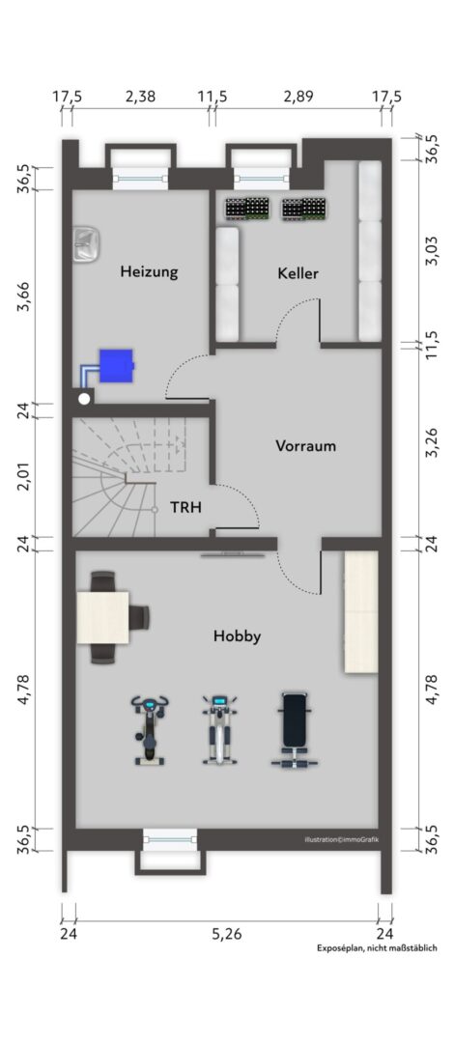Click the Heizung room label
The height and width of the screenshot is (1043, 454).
pos(149,272)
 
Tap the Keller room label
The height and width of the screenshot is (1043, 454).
pos(298,273)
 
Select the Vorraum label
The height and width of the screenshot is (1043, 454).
pos(305,445)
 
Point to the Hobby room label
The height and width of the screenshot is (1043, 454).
pos(237,636)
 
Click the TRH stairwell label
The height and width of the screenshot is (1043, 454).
pos(185,508)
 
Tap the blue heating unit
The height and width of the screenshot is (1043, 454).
pos(117,366)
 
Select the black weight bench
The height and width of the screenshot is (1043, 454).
pos(295,730)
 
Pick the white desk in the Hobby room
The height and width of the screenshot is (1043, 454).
pos(102,617)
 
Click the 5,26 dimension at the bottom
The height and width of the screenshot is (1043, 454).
pos(227,934)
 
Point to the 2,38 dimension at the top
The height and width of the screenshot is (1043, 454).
pos(140,97)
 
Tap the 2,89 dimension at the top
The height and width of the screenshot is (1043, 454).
pos(298,97)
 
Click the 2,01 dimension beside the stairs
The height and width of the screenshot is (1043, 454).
pos(25,476)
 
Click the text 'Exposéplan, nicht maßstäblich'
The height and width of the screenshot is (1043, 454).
pos(377,948)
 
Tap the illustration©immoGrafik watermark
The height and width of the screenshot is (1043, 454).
pos(342,840)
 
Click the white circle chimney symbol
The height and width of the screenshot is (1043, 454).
pos(84,399)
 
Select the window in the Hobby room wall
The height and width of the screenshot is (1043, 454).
pos(170,839)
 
